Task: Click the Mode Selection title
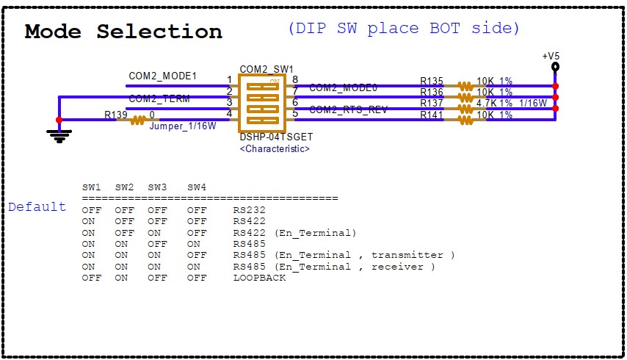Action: tap(123, 32)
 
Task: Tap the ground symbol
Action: tap(59, 134)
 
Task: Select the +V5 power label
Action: tap(551, 56)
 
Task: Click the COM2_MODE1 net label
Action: tap(162, 76)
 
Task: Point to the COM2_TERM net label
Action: tap(159, 98)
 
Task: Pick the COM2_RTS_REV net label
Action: tap(348, 110)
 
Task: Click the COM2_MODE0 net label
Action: tap(343, 87)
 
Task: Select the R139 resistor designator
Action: tap(115, 115)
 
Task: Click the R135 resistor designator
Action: tap(432, 81)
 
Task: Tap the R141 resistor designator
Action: tap(432, 115)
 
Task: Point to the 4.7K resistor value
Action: tap(488, 104)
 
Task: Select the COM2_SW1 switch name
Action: tap(266, 68)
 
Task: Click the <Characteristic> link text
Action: tap(275, 148)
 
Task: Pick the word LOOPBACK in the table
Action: tap(259, 278)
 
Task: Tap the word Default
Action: tap(37, 207)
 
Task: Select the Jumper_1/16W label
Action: tap(183, 126)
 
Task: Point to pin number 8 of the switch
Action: tap(295, 79)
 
